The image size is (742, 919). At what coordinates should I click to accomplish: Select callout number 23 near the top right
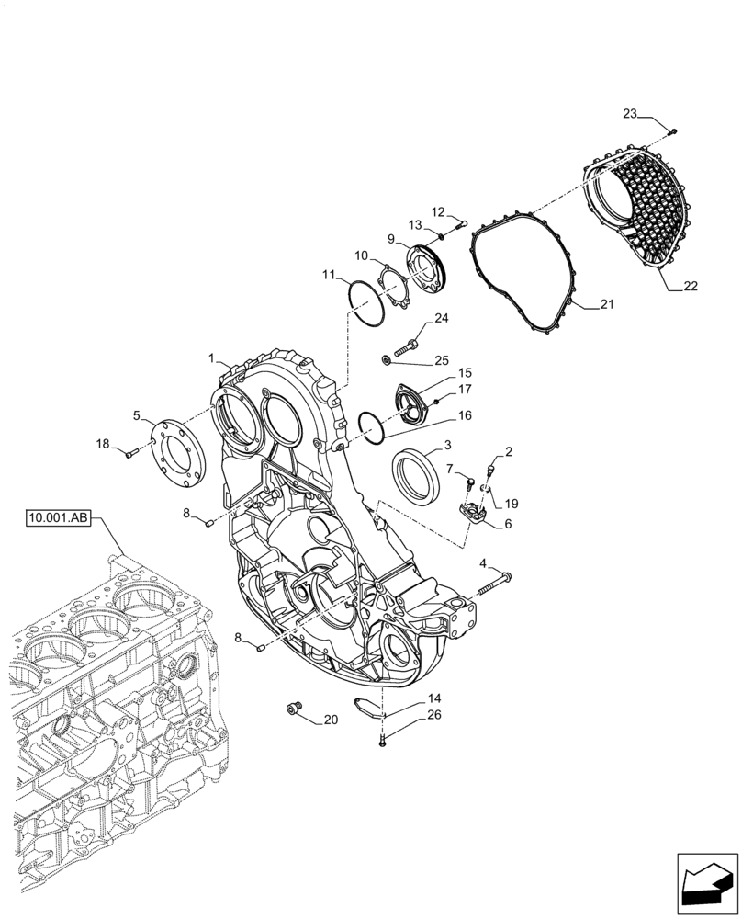(x=630, y=115)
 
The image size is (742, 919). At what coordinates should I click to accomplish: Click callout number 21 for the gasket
(x=606, y=304)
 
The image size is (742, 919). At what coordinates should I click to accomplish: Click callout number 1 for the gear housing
(x=211, y=358)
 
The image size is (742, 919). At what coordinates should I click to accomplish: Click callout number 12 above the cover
(x=438, y=212)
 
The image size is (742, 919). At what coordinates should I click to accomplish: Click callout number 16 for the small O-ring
(x=465, y=415)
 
